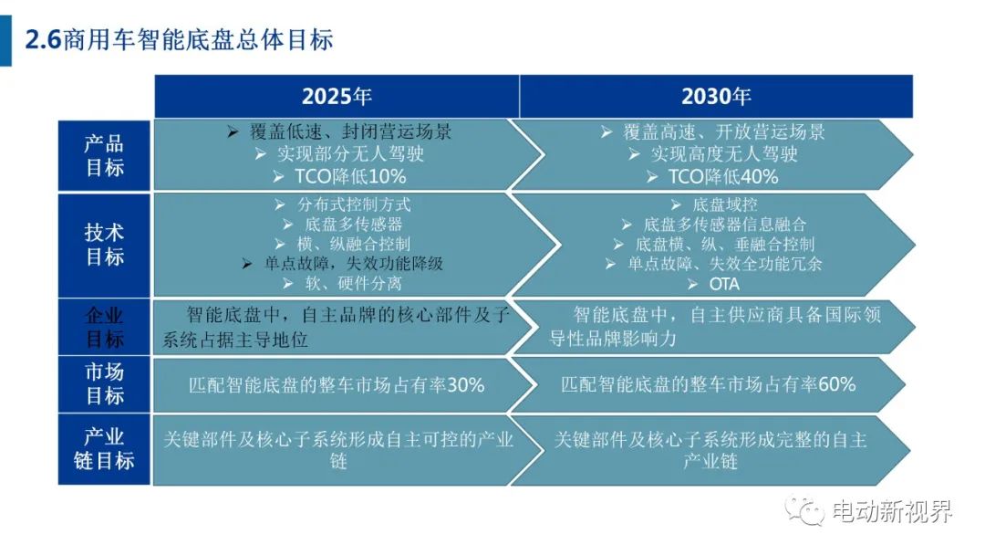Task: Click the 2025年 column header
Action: tap(337, 96)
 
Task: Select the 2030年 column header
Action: tap(716, 96)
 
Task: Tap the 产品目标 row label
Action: tap(104, 155)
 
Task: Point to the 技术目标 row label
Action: tap(104, 245)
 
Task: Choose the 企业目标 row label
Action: tap(104, 327)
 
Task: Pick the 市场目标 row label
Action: tap(104, 384)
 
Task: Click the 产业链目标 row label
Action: tap(104, 449)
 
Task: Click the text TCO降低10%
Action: tap(350, 176)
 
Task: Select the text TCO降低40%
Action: tap(723, 176)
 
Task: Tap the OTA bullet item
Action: tap(724, 285)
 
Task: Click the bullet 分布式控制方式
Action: tap(354, 204)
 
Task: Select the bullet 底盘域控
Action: tap(725, 204)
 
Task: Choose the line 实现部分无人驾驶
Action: tap(350, 154)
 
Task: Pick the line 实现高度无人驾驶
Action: tap(723, 154)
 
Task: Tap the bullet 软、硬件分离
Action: tap(354, 284)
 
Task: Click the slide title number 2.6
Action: tap(43, 39)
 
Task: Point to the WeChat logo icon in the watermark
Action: tap(804, 510)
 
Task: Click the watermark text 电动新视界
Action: tap(892, 511)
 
